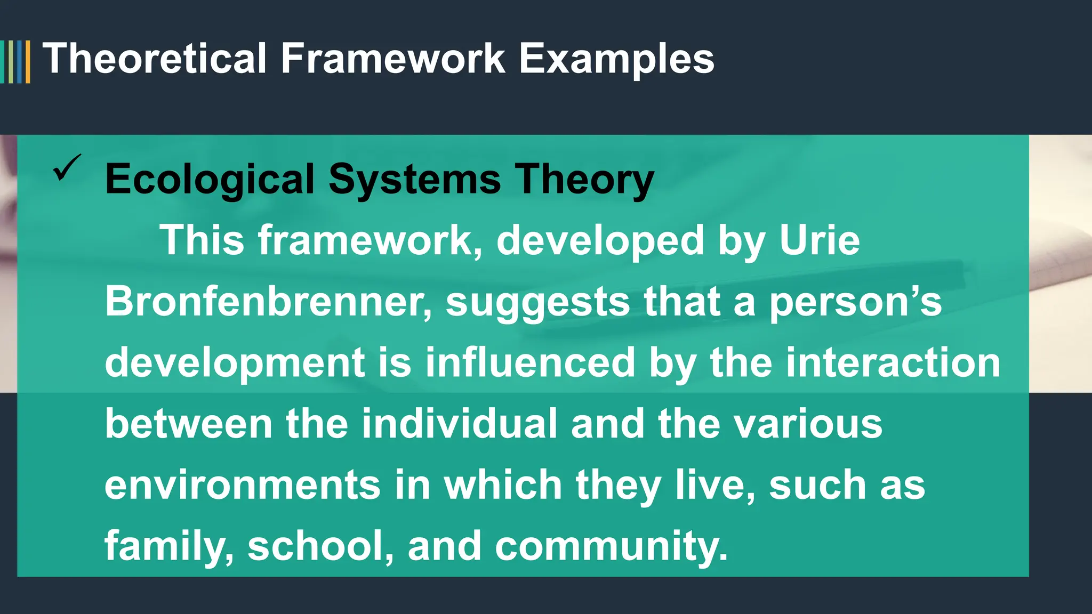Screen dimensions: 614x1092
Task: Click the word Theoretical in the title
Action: click(x=155, y=59)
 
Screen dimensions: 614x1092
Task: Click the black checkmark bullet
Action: click(x=67, y=167)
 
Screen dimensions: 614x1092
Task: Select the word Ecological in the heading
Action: click(x=210, y=180)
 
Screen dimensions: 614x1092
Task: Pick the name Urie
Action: click(x=820, y=241)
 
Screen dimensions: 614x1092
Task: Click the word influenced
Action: click(x=530, y=363)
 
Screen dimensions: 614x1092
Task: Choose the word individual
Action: click(x=459, y=424)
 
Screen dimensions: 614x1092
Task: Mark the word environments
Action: click(x=243, y=486)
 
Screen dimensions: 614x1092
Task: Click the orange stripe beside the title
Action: click(x=28, y=62)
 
